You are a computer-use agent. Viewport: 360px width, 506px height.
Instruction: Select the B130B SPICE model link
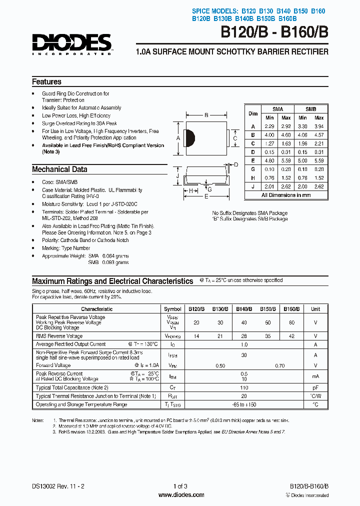(222, 19)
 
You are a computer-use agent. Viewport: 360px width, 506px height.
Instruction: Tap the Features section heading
(46, 82)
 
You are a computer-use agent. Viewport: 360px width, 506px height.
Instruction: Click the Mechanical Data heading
(59, 169)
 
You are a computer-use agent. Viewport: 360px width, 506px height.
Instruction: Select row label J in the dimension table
(253, 186)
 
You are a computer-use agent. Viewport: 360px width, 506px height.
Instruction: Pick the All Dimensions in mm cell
(285, 195)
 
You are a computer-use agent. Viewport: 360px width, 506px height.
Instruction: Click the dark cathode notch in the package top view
(189, 138)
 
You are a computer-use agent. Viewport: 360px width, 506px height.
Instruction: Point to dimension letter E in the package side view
(205, 197)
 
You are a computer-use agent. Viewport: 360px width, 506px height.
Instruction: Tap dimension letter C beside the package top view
(235, 138)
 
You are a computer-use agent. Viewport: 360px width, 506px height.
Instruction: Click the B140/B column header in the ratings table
(243, 309)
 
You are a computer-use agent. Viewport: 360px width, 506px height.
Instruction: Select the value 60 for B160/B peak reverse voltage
(291, 323)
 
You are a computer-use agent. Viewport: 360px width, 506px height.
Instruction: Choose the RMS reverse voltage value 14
(196, 336)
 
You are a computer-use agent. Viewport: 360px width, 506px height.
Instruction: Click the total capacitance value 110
(244, 387)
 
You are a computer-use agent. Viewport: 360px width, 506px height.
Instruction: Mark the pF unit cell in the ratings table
(315, 387)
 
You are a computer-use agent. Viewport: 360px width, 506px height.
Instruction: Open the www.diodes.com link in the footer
(180, 495)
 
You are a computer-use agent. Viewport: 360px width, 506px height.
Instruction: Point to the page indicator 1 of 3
(180, 486)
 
